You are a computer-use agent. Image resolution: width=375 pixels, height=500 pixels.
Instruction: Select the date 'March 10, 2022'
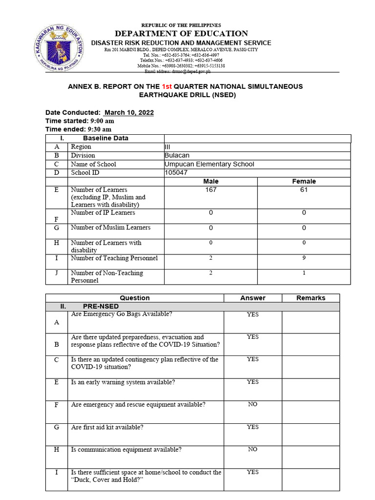[129, 113]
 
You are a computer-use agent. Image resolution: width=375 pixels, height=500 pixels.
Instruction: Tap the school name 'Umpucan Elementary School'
[209, 165]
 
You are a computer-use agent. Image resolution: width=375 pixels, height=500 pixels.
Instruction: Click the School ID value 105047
[176, 173]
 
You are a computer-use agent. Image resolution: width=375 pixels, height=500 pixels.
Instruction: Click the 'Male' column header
[210, 181]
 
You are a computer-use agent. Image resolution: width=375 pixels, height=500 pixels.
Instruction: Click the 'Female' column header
[304, 181]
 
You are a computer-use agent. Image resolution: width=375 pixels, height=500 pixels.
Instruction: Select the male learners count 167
[210, 190]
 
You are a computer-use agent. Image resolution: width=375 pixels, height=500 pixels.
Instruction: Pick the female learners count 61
[304, 190]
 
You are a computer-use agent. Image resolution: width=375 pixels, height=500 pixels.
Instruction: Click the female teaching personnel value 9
[304, 258]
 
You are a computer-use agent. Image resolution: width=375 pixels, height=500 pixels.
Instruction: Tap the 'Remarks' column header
[311, 298]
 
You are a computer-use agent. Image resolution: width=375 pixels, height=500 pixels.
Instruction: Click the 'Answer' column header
[252, 298]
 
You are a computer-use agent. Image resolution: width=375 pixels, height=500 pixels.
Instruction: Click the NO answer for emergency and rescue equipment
[252, 404]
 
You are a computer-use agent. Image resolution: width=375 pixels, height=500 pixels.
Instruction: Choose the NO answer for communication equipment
[252, 449]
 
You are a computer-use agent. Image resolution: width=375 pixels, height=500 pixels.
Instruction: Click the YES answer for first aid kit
[252, 427]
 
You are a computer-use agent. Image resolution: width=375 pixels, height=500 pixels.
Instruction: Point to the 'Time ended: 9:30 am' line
[79, 129]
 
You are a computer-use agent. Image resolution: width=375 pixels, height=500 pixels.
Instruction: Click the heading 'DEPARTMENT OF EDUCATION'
[181, 33]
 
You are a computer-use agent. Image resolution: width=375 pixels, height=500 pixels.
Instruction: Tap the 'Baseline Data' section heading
[105, 138]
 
